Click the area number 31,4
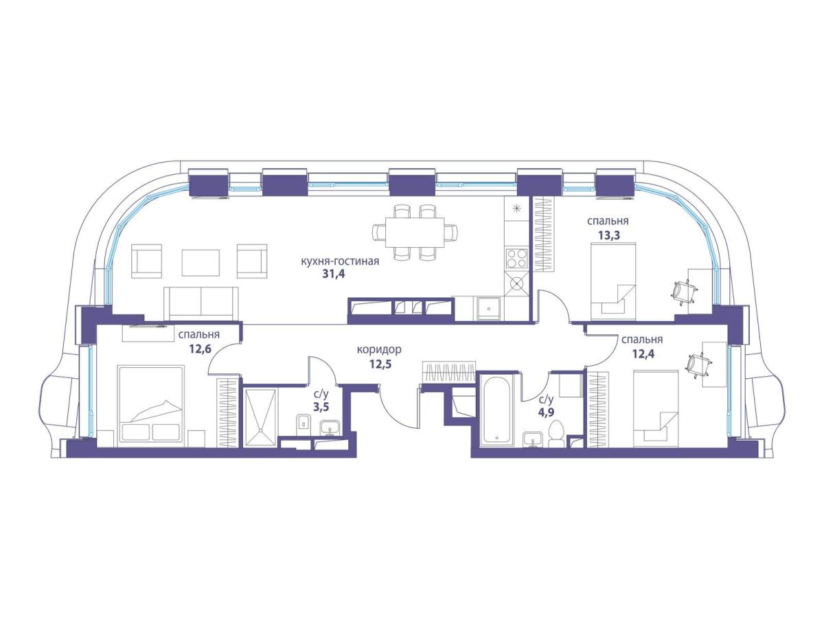click(x=333, y=274)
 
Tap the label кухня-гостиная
click(x=340, y=261)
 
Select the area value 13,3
click(x=608, y=235)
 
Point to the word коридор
click(x=379, y=349)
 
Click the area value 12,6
click(x=200, y=349)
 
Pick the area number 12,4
click(x=643, y=353)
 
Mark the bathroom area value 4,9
click(x=546, y=412)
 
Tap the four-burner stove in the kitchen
click(x=516, y=258)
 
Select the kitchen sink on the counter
click(x=488, y=308)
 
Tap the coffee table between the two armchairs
click(x=201, y=263)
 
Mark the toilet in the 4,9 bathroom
click(x=556, y=433)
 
